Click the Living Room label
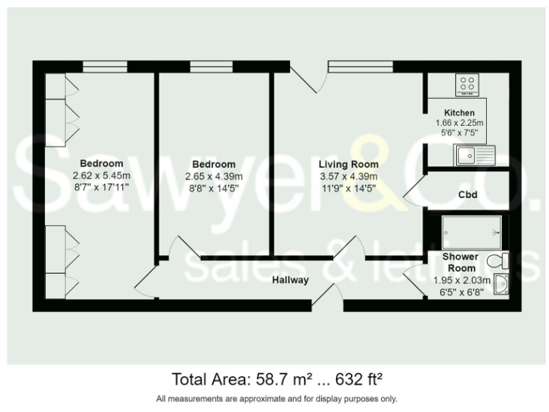[x=348, y=165]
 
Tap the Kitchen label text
[x=459, y=113]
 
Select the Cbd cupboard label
[x=468, y=195]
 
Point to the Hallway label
[x=290, y=280]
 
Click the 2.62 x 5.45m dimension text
[x=102, y=175]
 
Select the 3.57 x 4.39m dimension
[x=348, y=177]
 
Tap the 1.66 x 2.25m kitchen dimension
[x=459, y=123]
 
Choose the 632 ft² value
[x=362, y=378]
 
